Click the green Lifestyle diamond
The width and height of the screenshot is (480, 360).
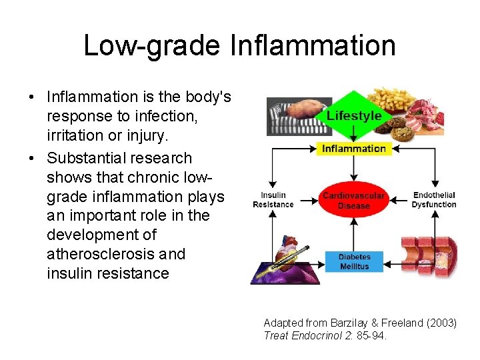coord(354,115)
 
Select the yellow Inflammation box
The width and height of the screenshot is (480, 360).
coord(354,149)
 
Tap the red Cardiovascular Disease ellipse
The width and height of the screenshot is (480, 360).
coord(353,201)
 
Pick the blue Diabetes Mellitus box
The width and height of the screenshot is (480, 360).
coord(354,261)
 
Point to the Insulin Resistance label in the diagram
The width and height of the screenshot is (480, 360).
coord(273,200)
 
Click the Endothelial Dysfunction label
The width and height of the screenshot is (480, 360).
coord(434,200)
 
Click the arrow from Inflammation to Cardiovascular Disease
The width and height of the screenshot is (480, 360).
coord(354,166)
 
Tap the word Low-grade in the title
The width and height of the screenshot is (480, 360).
coord(151,45)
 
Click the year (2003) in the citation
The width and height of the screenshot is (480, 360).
coord(441,323)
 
